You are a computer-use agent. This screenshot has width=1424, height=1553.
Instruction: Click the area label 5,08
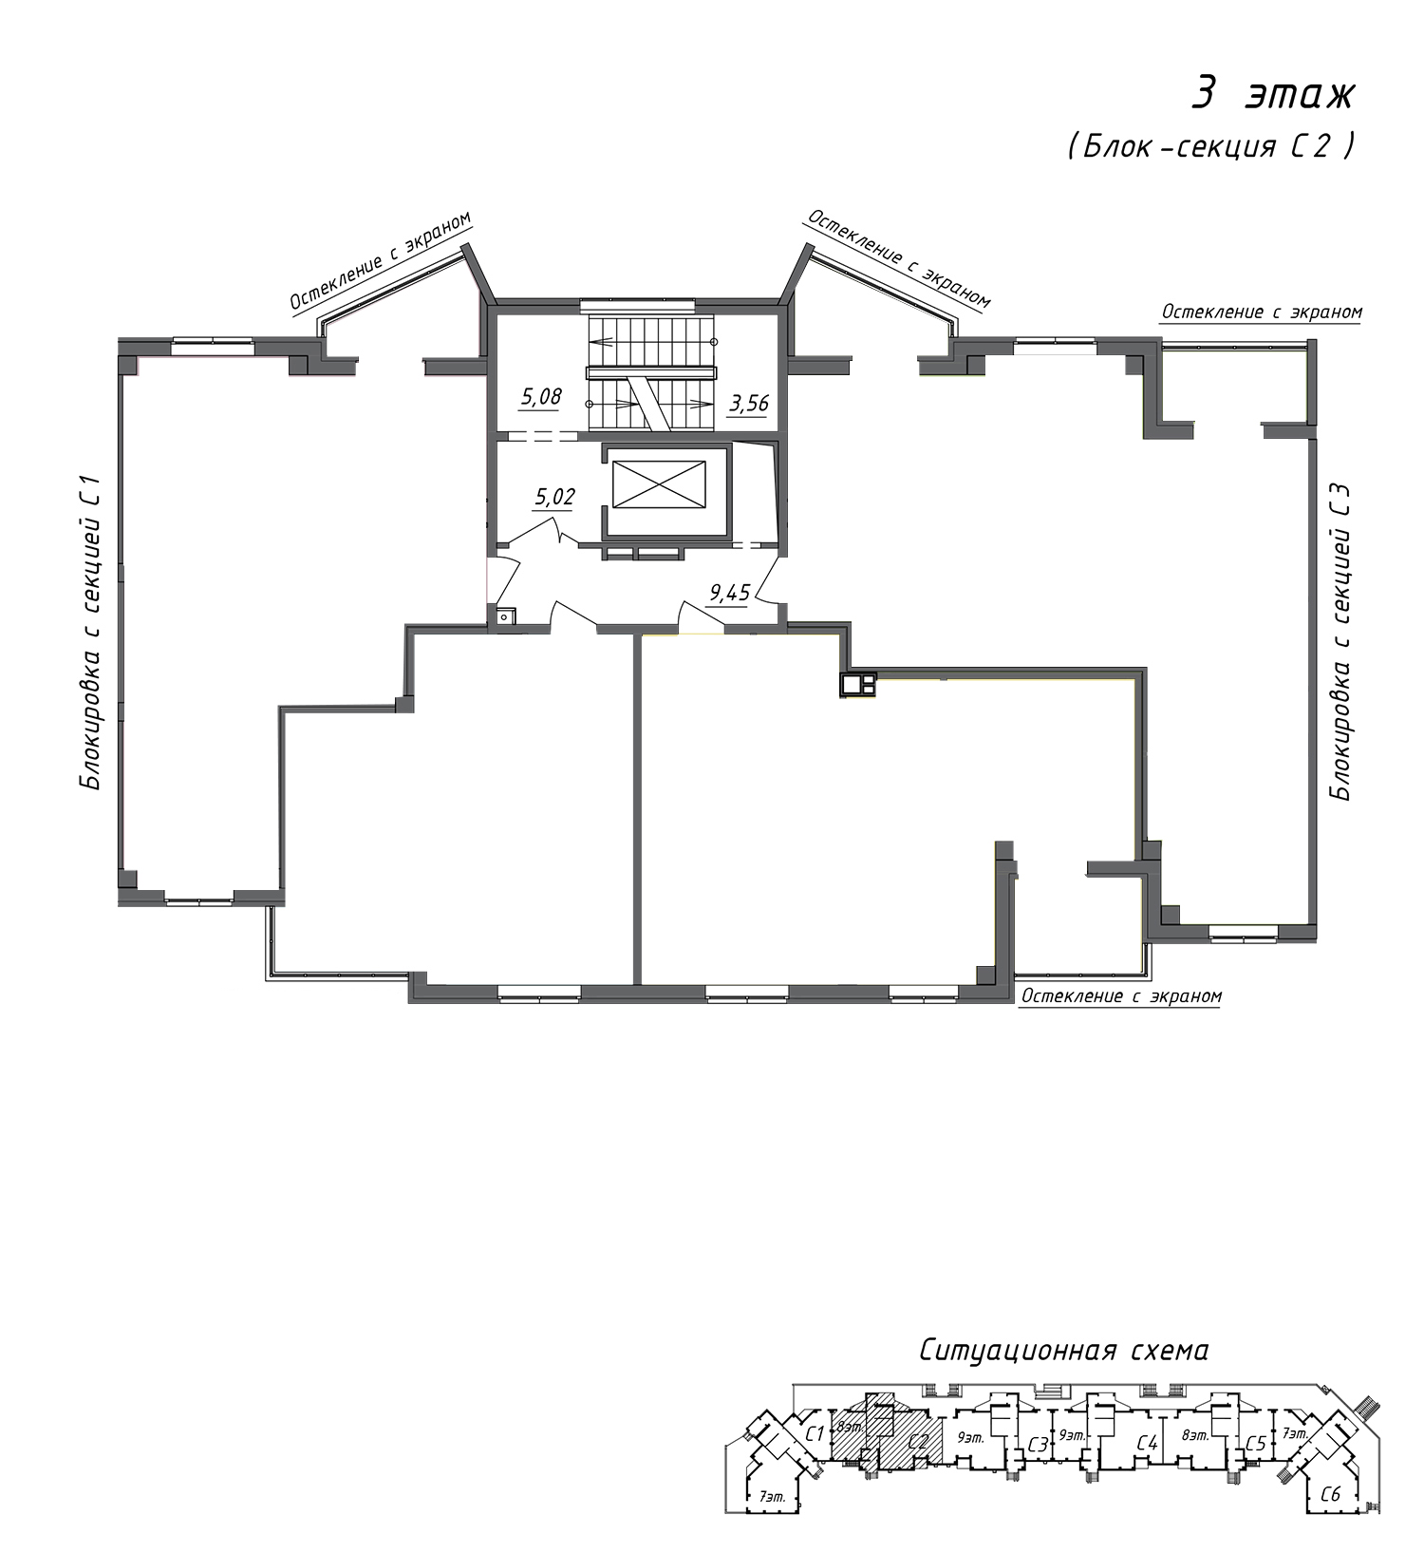(x=540, y=397)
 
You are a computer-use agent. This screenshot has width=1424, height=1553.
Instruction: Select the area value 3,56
(x=748, y=403)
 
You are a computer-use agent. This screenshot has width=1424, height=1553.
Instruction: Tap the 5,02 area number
(x=555, y=496)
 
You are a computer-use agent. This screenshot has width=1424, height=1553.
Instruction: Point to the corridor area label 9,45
(x=730, y=594)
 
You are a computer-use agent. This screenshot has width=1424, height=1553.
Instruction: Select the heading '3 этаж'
(x=1274, y=94)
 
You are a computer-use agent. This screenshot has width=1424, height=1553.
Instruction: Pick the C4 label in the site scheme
(x=1148, y=1445)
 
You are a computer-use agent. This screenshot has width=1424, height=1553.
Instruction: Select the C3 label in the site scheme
(x=1038, y=1445)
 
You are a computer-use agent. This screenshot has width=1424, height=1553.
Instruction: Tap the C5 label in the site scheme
(x=1255, y=1444)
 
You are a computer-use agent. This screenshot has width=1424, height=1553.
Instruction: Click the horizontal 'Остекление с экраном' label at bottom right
(x=1120, y=996)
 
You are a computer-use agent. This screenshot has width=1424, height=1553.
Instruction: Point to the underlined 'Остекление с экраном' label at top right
(x=1262, y=312)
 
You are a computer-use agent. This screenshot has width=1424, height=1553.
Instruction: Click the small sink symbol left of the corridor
(x=504, y=616)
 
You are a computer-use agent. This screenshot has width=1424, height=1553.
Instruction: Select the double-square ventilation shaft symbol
(x=858, y=684)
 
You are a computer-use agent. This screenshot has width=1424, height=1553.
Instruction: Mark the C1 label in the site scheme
(x=814, y=1433)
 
